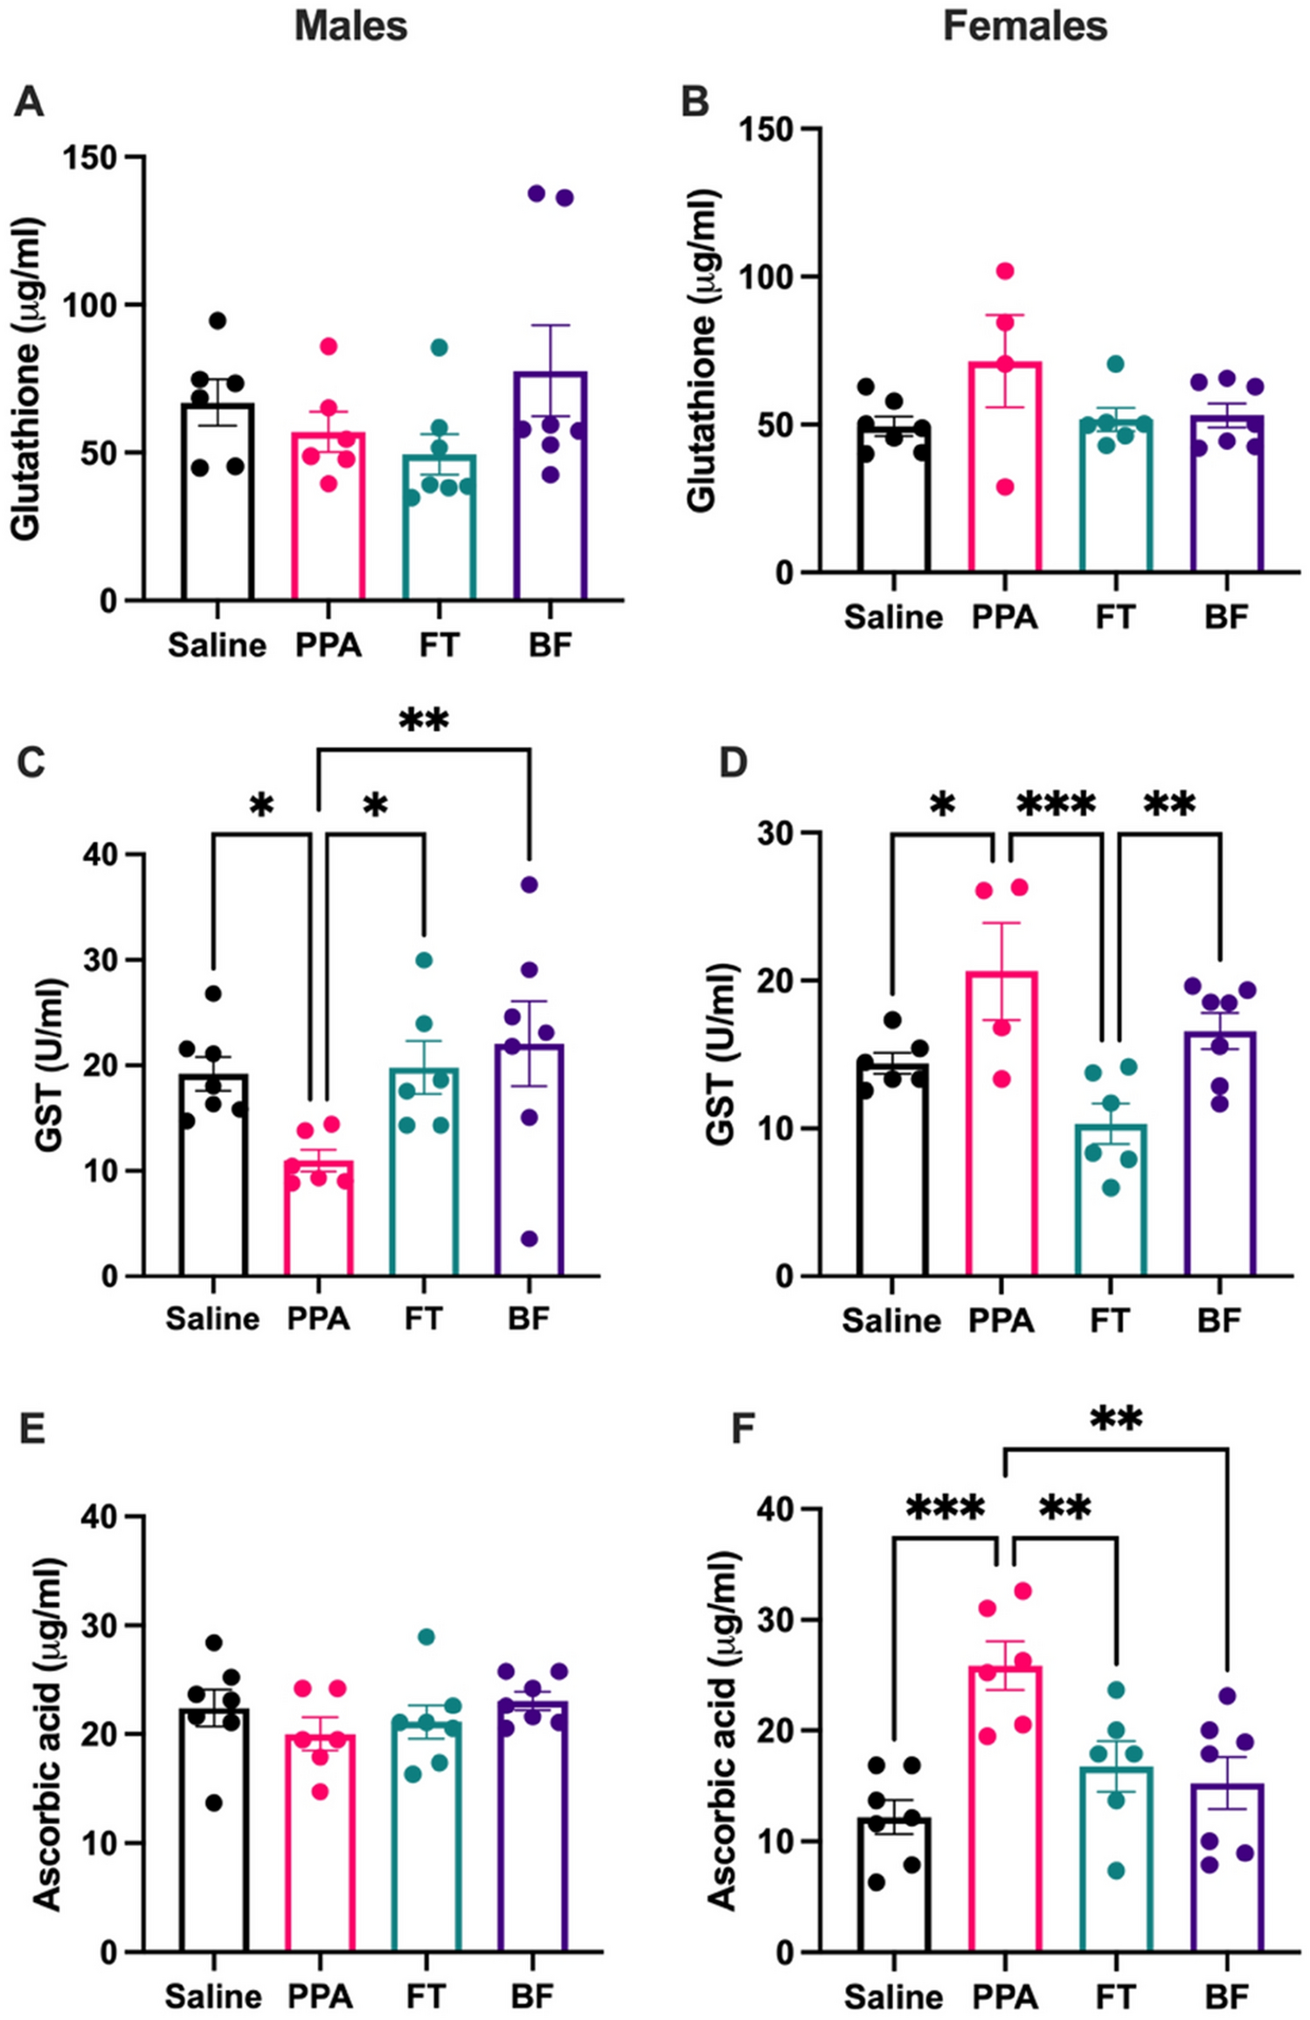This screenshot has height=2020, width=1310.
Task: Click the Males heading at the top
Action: tap(350, 26)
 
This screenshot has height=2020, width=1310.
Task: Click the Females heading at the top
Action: tap(1024, 26)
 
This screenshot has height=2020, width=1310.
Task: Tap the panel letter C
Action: tap(31, 763)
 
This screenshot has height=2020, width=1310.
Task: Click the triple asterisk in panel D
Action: tap(1055, 803)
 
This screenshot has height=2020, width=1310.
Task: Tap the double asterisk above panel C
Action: tap(423, 722)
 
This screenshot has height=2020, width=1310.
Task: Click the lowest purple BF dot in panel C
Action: tap(530, 1239)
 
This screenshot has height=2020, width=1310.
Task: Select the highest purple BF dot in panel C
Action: tap(530, 884)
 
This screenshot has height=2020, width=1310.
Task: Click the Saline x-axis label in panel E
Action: tap(213, 1996)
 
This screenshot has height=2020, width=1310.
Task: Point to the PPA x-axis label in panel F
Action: tap(1005, 1996)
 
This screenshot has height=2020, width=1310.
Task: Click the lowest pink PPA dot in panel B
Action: tap(1005, 487)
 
